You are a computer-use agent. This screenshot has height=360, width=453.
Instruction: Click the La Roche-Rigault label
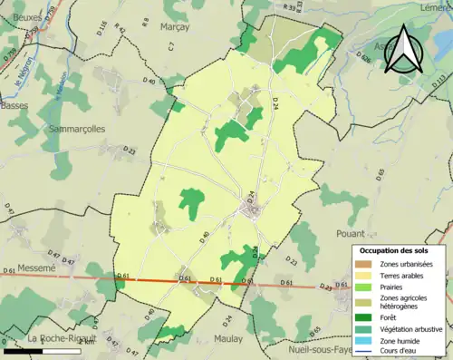(54, 338)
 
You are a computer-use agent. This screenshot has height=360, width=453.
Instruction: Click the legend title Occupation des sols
(396, 249)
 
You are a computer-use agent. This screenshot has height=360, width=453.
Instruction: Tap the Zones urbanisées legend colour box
(367, 264)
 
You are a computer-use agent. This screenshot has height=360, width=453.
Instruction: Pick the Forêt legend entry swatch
(367, 316)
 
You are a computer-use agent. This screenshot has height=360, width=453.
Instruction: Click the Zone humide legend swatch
(367, 341)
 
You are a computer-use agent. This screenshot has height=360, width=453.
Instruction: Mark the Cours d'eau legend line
(367, 352)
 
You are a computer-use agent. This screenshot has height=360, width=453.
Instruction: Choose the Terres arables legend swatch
(367, 275)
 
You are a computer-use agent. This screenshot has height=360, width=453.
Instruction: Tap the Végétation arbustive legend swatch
(367, 328)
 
